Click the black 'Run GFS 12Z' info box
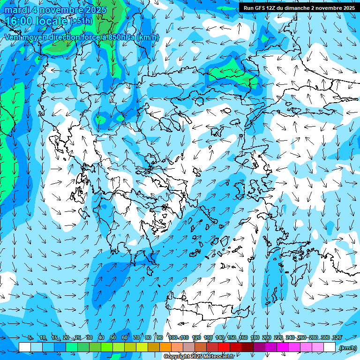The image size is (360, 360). [x=299, y=8]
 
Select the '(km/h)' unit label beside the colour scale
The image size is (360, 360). [x=347, y=347]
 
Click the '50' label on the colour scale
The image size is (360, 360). [x=113, y=338]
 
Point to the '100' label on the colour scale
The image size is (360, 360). [x=173, y=338]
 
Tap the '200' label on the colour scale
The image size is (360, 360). [x=267, y=338]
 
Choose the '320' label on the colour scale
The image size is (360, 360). [x=336, y=338]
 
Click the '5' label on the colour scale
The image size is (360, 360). [x=30, y=338]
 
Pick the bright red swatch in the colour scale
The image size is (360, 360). [x=224, y=347]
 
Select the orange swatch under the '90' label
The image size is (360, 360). [x=165, y=347]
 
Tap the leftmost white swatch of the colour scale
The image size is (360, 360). [x=25, y=347]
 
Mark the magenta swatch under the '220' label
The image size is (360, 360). [x=283, y=347]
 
